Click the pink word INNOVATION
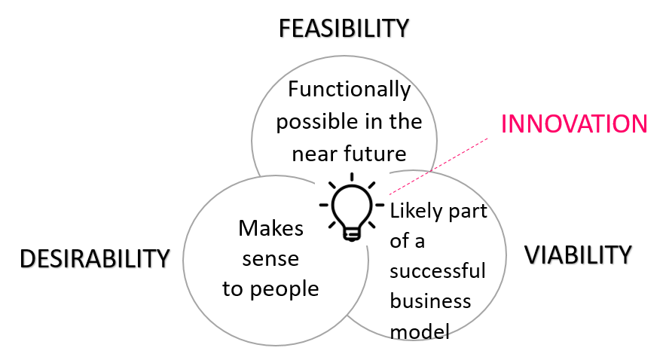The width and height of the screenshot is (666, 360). click(x=574, y=124)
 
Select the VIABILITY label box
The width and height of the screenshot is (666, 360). click(x=579, y=255)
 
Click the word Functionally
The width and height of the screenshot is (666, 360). click(x=350, y=90)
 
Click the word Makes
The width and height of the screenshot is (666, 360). click(x=270, y=228)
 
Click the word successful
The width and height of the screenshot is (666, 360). click(x=438, y=271)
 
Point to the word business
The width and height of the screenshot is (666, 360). click(x=430, y=301)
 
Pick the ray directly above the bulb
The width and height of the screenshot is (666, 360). click(x=351, y=177)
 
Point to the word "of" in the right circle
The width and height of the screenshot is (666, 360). click(x=399, y=241)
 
